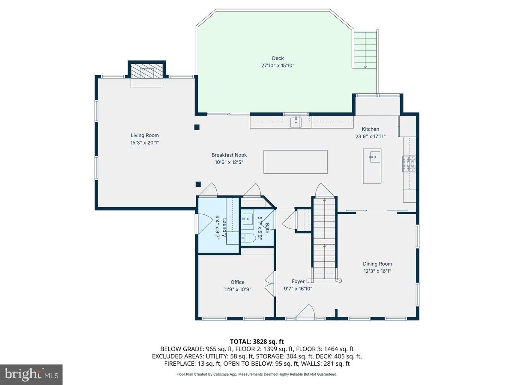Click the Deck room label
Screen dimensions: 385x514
278,59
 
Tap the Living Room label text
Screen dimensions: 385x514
145,136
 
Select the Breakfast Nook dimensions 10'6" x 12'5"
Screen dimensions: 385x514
229,162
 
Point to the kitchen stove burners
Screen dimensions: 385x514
409,164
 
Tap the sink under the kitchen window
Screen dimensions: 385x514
296,122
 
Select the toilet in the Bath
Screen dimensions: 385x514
248,238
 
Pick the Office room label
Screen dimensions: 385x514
237,282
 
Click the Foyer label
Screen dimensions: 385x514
298,281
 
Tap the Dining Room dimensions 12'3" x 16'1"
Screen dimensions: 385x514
377,271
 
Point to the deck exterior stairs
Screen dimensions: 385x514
365,50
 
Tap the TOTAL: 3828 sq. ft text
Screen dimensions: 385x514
257,341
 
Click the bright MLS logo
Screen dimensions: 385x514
31,374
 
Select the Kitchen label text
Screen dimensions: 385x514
370,129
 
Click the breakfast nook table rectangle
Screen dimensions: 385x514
295,162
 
